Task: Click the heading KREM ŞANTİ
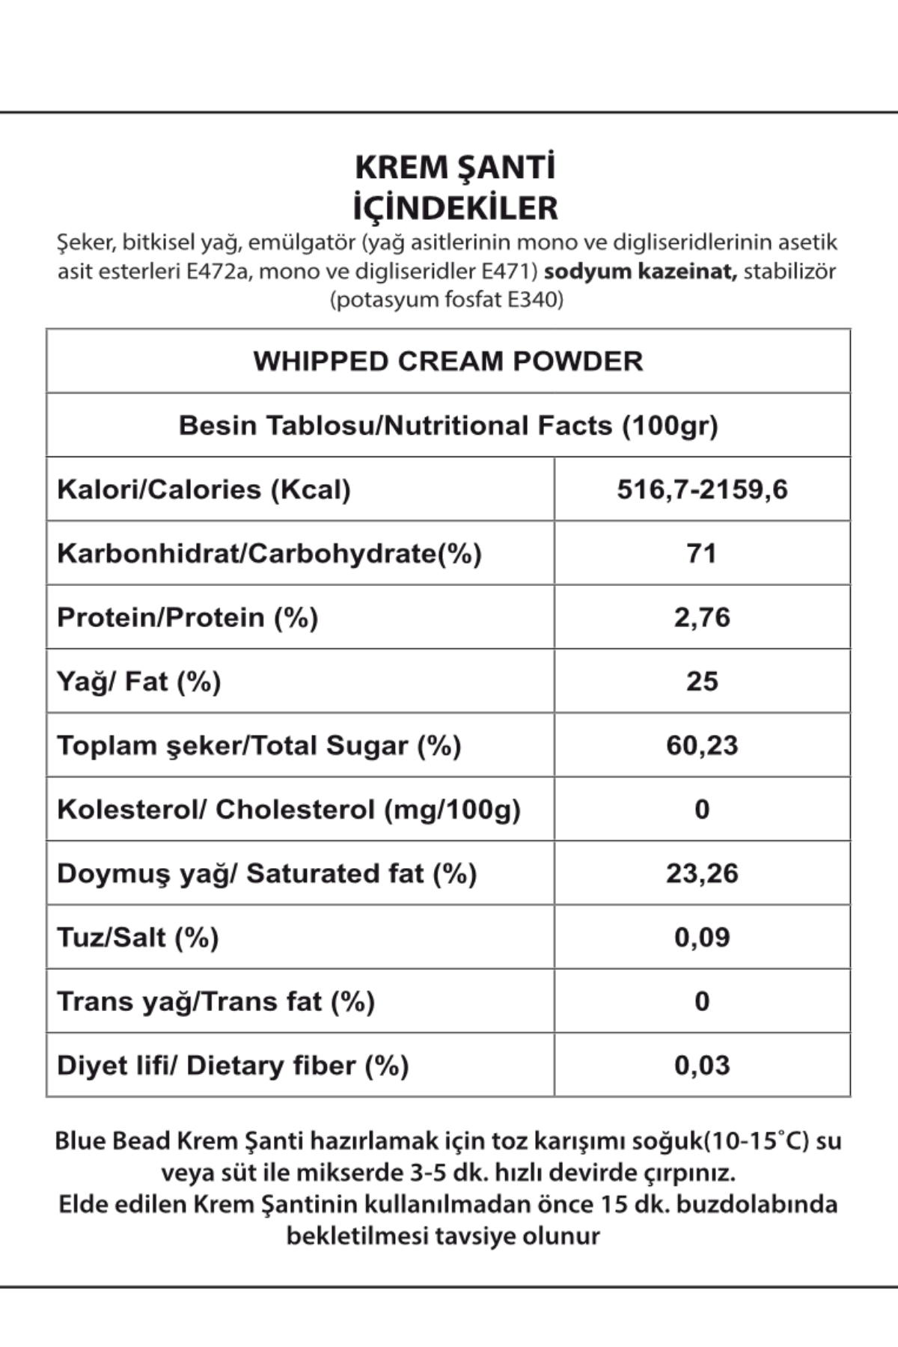455,168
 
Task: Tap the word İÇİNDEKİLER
455,208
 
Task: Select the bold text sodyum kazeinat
641,271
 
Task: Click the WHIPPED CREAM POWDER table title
448,361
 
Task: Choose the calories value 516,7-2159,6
702,489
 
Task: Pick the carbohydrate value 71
702,554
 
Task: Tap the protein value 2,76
702,617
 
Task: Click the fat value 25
702,682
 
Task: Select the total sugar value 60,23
702,745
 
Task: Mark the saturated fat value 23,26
702,873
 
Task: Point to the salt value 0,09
702,938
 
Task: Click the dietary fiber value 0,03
702,1066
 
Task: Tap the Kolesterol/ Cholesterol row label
289,810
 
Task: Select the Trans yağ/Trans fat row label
216,1001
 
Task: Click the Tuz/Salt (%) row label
138,938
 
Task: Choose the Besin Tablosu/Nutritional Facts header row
448,426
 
